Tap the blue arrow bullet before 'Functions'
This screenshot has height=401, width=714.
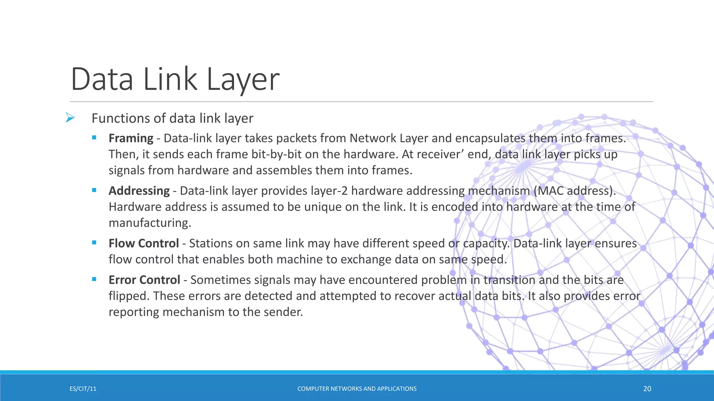(70, 118)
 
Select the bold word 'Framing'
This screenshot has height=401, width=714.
(131, 138)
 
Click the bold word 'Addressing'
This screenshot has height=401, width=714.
(139, 191)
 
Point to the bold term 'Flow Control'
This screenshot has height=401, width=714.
(144, 243)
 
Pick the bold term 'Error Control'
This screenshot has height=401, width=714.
(144, 280)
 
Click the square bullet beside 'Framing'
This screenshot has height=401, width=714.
(94, 138)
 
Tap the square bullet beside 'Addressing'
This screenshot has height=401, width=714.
(94, 190)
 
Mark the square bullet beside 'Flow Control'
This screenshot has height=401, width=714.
(94, 243)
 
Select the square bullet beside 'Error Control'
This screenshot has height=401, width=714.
(94, 279)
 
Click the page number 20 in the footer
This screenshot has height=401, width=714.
(647, 389)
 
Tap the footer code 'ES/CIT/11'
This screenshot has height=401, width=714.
(83, 389)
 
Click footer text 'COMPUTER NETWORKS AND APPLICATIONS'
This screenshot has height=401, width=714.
(357, 389)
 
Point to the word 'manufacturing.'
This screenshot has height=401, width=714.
(150, 223)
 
